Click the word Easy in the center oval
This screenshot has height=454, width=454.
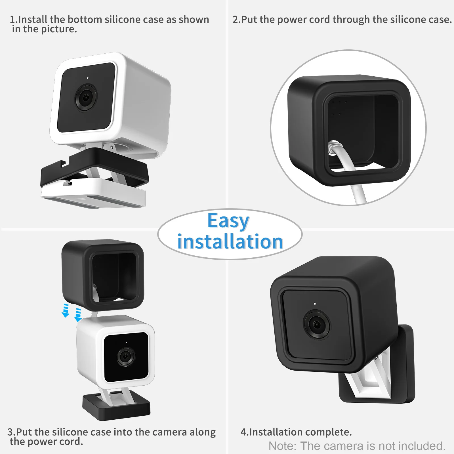click(x=228, y=221)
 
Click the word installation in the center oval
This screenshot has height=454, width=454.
click(x=230, y=242)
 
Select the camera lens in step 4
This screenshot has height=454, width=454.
click(x=316, y=324)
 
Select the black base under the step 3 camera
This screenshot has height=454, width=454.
click(x=116, y=409)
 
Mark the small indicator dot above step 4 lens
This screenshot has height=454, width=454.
click(x=315, y=304)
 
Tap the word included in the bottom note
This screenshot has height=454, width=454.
click(x=422, y=446)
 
